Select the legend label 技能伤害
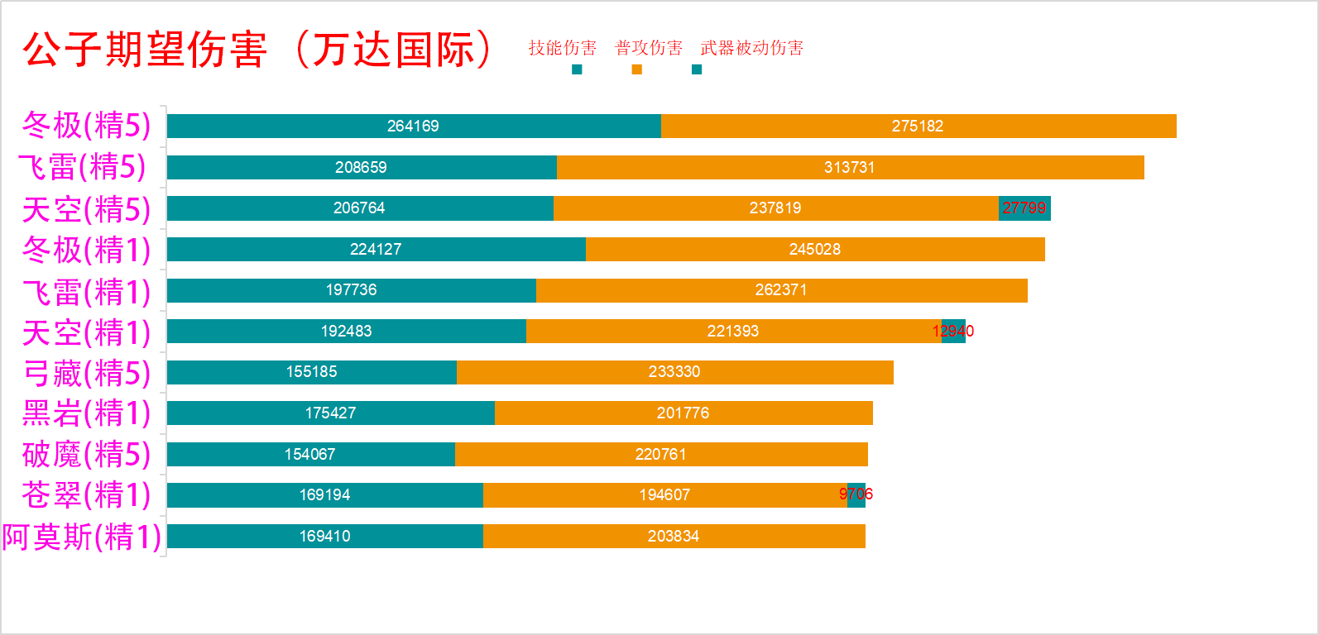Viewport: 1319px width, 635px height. point(563,48)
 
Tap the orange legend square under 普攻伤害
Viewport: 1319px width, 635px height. point(636,69)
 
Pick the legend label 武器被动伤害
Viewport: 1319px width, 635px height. point(751,48)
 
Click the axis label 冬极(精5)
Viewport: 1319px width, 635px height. point(86,126)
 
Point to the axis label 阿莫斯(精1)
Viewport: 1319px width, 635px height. point(81,537)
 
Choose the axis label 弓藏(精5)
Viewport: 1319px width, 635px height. point(86,373)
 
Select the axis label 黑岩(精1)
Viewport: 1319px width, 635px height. point(86,413)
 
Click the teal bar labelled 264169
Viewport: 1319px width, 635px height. point(413,126)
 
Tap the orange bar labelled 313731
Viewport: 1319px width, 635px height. point(850,167)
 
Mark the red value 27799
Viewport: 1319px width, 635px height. point(1024,208)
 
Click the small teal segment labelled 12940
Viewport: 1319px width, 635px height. point(953,331)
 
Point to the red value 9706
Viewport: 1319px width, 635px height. point(856,494)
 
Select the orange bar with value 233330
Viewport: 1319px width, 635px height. point(674,372)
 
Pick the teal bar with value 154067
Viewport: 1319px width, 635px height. point(310,454)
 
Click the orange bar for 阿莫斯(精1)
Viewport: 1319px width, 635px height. point(674,537)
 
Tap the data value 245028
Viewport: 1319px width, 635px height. point(815,249)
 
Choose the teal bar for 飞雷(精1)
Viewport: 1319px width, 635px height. point(351,290)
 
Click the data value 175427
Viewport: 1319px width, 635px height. point(330,413)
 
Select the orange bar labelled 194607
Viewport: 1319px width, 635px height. point(664,494)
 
